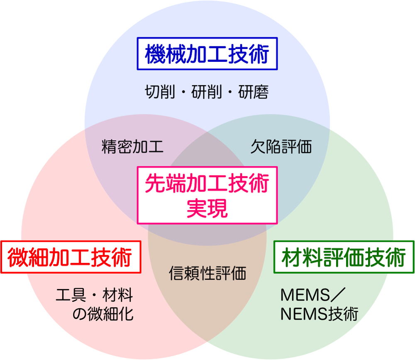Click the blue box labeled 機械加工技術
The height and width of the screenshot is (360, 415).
pos(207,54)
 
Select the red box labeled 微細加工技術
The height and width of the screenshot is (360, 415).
pos(70,257)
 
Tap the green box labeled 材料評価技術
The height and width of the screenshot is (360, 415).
pos(344,257)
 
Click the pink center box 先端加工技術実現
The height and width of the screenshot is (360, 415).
pos(207,195)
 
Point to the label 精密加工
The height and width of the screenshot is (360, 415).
pos(132,147)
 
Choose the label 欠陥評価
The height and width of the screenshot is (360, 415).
pos(281,147)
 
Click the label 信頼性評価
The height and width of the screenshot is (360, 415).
pos(207,273)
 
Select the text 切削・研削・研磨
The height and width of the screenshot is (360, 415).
pos(207,92)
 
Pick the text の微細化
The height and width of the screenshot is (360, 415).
pos(103,314)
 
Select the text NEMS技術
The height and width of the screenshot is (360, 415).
pos(319,314)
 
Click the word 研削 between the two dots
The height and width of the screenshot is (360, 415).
pos(207,92)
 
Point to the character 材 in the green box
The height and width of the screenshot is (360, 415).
pos(292,257)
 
